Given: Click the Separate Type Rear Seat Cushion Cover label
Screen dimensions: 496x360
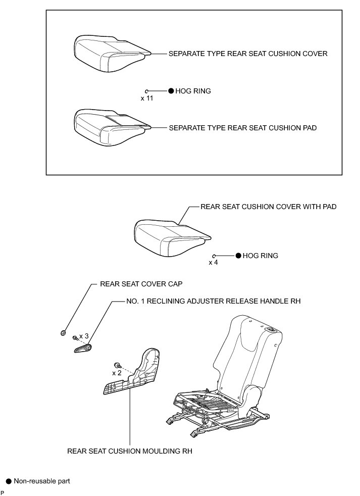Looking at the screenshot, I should tap(247, 54).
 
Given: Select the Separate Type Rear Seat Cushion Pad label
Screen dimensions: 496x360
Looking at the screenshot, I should tap(242, 128).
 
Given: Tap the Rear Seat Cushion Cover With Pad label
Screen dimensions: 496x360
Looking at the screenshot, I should tap(268, 207).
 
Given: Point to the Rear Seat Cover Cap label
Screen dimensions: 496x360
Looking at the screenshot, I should tap(134, 284).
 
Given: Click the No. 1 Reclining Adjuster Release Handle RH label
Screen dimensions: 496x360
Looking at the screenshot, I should tap(213, 301).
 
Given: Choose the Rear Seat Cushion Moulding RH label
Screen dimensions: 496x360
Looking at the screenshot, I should tap(130, 451).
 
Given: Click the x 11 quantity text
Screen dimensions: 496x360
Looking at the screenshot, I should tap(146, 98).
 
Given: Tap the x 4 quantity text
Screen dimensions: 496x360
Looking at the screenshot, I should tap(213, 263).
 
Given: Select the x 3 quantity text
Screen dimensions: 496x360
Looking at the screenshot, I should tap(84, 336).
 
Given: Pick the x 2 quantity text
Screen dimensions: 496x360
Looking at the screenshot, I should tap(116, 373).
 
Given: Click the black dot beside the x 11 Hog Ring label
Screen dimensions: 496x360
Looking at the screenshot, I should tap(171, 91).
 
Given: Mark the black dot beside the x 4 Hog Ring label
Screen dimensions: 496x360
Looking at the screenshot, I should tap(238, 256).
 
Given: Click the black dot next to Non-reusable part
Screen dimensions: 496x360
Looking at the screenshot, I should tap(8, 481).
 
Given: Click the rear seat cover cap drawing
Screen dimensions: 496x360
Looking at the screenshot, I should tap(63, 332).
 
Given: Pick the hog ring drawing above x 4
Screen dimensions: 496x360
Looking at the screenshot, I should tap(214, 256).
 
